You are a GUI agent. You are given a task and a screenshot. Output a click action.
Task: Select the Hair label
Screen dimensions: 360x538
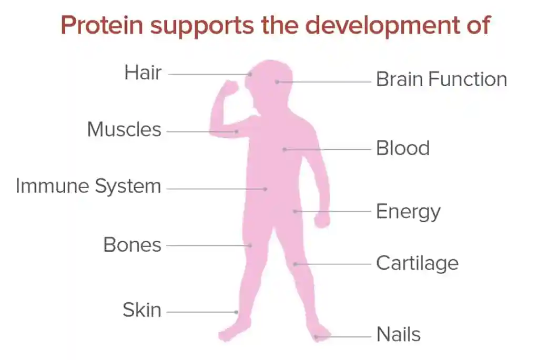coord(143,73)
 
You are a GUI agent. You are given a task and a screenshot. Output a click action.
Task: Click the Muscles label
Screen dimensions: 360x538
coord(124,129)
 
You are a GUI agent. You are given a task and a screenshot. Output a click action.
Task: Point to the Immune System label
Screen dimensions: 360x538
coord(88,186)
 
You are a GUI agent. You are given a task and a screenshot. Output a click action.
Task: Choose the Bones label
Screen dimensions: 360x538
coord(132,245)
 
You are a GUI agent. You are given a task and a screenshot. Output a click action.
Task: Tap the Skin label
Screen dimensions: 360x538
coord(142,310)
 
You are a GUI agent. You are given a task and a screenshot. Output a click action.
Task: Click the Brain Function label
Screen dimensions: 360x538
coord(441,80)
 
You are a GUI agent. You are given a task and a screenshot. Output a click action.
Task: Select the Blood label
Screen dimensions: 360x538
coord(403,148)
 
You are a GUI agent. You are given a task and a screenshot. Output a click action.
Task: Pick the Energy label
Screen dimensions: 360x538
coord(408,212)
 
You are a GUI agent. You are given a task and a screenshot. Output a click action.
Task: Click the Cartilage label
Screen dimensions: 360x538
coord(417,263)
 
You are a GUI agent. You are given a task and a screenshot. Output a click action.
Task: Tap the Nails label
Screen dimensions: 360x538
coord(398,334)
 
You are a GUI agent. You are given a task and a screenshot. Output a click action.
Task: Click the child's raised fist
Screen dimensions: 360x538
coord(229,88)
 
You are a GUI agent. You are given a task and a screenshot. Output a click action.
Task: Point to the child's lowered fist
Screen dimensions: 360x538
coord(321,220)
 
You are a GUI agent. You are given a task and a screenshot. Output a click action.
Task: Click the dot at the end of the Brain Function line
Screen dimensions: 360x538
coord(277,82)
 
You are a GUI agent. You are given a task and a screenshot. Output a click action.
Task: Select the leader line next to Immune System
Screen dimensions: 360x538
coord(216,189)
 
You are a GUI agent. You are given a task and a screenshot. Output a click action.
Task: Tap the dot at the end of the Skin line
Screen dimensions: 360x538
coord(237,312)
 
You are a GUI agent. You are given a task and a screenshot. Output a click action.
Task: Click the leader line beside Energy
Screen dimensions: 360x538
coord(334,211)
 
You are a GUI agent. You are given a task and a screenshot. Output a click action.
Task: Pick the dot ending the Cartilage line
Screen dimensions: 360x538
coord(296,264)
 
